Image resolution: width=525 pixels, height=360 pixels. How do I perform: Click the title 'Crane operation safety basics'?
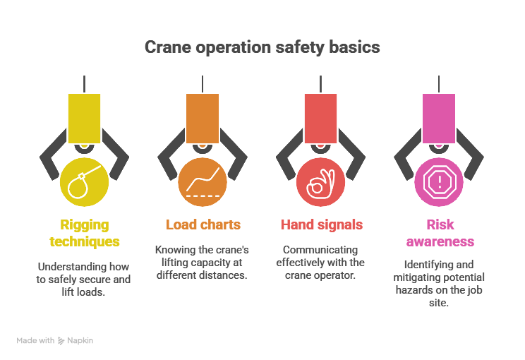tap(262, 47)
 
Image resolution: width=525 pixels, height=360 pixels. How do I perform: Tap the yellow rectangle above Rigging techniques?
tap(84, 118)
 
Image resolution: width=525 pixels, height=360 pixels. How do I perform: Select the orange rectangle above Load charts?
tap(203, 118)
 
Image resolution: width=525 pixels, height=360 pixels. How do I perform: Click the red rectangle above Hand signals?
tap(320, 118)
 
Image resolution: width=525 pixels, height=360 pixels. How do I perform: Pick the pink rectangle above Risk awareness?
tap(438, 118)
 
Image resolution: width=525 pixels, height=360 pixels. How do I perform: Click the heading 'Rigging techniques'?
tap(85, 233)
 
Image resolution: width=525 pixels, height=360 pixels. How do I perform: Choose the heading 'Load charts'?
tap(203, 225)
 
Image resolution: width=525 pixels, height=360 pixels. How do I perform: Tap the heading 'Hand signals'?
tap(321, 225)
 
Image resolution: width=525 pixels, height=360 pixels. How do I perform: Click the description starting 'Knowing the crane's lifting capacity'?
tap(203, 263)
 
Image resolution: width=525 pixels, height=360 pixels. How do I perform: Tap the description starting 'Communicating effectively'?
tap(321, 263)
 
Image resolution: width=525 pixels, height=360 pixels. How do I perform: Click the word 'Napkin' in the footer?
tap(80, 340)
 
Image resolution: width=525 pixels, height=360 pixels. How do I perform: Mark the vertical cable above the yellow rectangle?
tap(84, 83)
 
